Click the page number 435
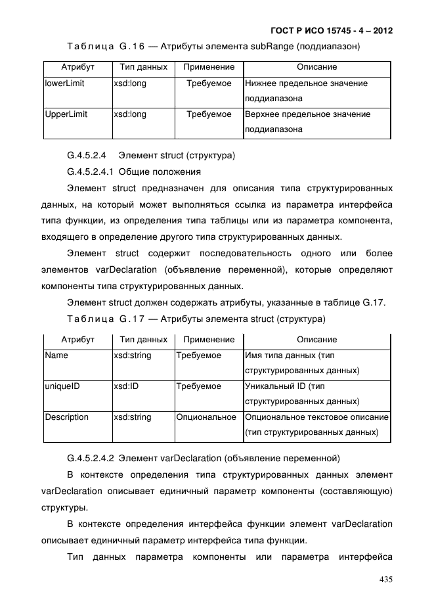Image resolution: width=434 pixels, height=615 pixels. pyautogui.click(x=384, y=580)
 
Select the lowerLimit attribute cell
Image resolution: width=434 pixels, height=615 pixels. pyautogui.click(x=64, y=84)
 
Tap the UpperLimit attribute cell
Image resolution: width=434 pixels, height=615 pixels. pyautogui.click(x=66, y=114)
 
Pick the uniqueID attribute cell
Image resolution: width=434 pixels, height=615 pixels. pyautogui.click(x=62, y=386)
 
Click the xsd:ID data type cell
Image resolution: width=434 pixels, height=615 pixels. pyautogui.click(x=126, y=386)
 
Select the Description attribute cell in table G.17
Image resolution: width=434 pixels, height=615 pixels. pyautogui.click(x=66, y=417)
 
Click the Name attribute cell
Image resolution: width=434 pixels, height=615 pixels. pyautogui.click(x=56, y=355)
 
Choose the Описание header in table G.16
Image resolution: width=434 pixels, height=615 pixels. pyautogui.click(x=316, y=67)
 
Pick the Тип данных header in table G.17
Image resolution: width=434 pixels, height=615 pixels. pyautogui.click(x=143, y=340)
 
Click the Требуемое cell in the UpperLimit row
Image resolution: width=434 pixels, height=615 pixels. pyautogui.click(x=209, y=114)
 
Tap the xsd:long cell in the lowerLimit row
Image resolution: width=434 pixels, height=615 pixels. pyautogui.click(x=130, y=84)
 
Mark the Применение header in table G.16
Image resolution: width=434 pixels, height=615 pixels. pyautogui.click(x=209, y=67)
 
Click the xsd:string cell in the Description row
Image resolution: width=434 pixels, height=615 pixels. pyautogui.click(x=133, y=417)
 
